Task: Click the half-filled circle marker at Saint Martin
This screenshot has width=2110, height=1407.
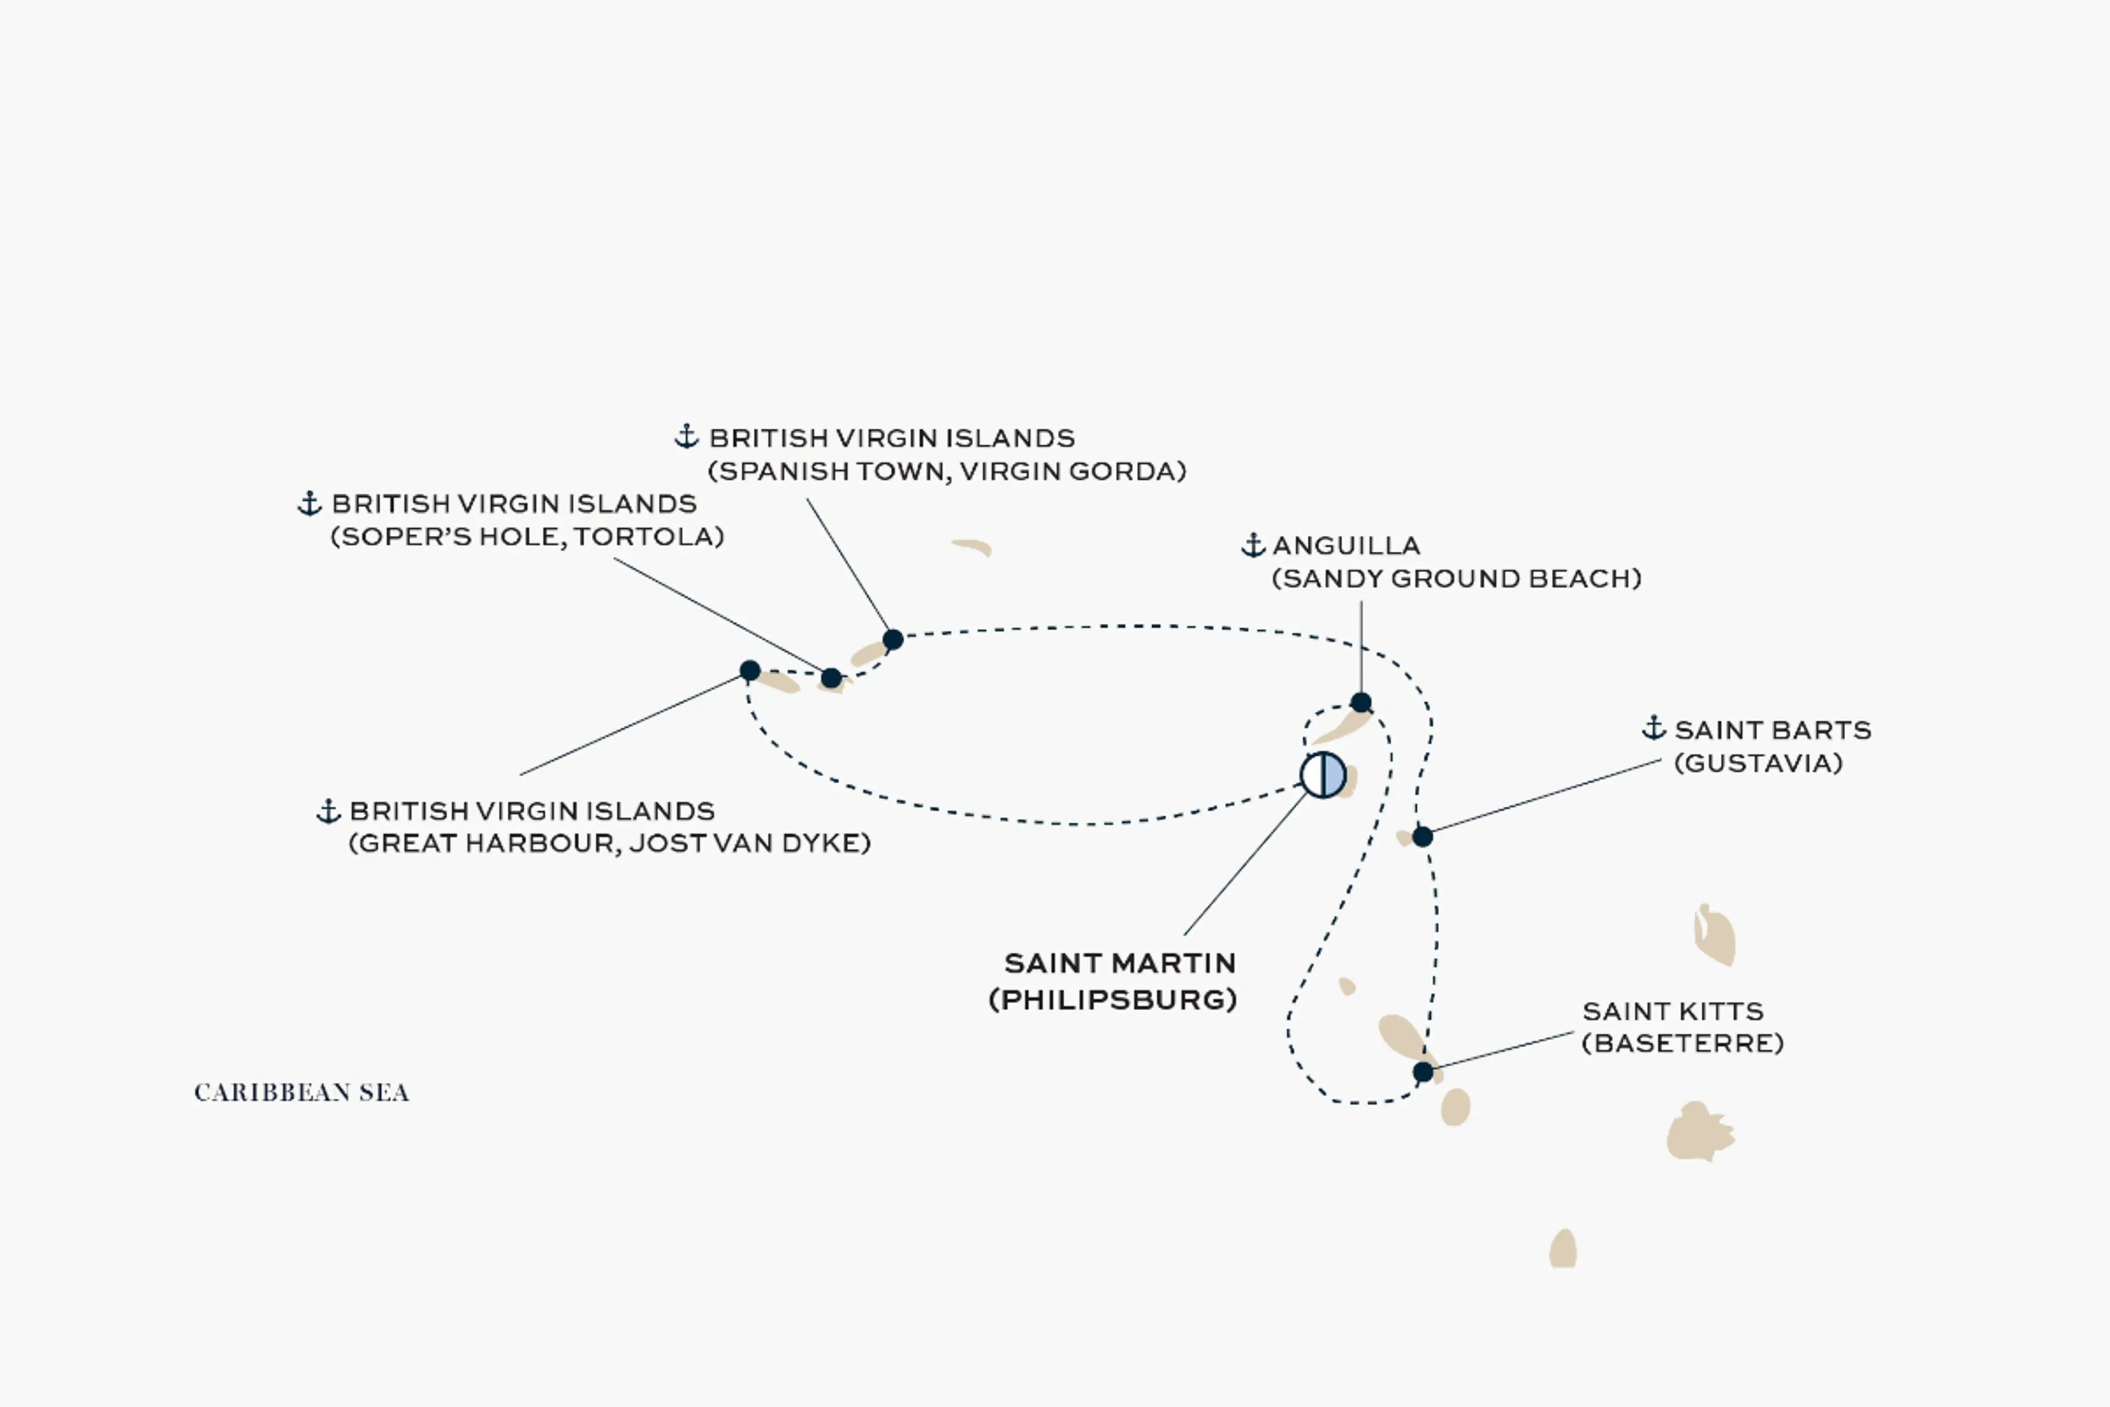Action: pos(1323,775)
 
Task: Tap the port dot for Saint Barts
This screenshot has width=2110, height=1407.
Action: pos(1422,837)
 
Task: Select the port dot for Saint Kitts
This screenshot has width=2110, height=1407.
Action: pos(1423,1071)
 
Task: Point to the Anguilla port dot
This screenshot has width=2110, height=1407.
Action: pos(1361,702)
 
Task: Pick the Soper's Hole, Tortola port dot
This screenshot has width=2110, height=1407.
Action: pos(831,678)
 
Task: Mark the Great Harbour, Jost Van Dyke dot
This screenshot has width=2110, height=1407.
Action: pos(750,671)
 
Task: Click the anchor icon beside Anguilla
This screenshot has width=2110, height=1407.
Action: pos(1253,545)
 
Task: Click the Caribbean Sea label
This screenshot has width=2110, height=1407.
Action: pos(302,1092)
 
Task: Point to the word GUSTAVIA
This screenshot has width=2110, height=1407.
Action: pos(1758,763)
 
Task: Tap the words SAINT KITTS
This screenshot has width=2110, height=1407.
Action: pos(1673,1011)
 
